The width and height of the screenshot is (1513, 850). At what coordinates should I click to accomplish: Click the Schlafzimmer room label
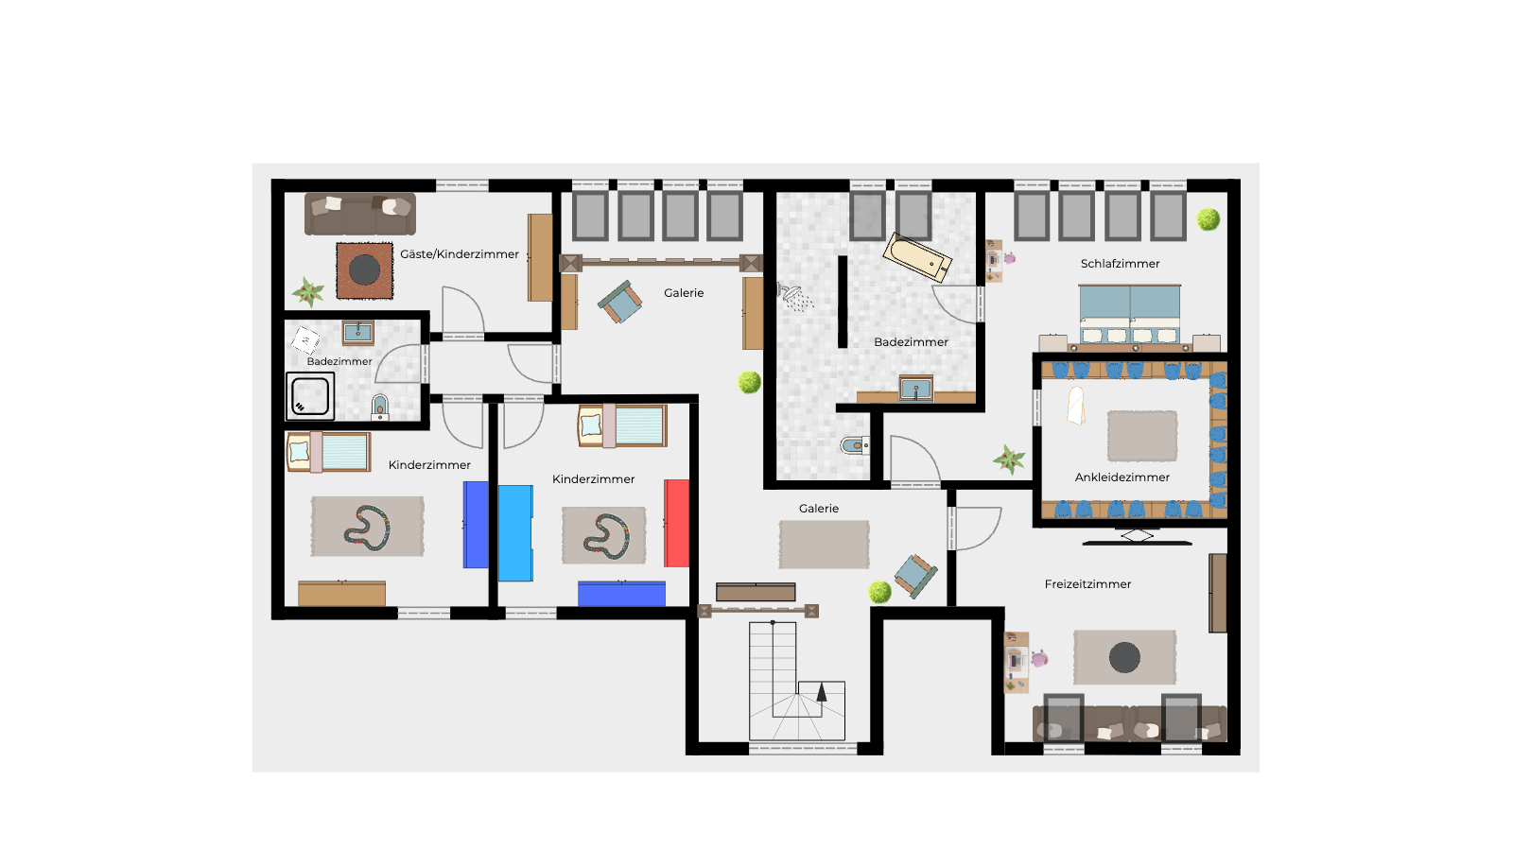coord(1120,264)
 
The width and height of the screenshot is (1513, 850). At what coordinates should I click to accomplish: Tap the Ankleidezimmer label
coord(1122,477)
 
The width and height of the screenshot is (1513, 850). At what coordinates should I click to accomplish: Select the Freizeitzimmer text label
coord(1087,584)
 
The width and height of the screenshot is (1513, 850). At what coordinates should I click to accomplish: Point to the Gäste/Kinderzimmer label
coord(460,254)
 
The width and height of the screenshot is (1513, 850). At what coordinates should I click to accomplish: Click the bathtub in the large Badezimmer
coord(917,256)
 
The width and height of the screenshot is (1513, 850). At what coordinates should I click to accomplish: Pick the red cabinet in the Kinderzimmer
coord(676,523)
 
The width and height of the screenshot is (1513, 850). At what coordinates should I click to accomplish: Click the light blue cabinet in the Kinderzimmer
coord(515,532)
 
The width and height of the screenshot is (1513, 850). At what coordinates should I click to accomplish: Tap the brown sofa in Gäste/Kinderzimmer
coord(360,214)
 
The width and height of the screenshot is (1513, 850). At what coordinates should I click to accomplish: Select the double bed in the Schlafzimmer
coord(1129,318)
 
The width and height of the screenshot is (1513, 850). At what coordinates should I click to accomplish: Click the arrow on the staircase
coord(822,693)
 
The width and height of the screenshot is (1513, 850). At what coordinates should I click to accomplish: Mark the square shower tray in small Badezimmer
coord(310,395)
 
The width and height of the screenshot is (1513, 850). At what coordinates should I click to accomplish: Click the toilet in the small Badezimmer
coord(380,408)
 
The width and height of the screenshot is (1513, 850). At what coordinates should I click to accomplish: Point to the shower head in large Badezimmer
coord(795,298)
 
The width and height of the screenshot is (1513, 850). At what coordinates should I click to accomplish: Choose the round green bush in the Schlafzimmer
coord(1209,219)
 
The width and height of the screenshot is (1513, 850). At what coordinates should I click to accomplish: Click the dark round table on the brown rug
coord(365,270)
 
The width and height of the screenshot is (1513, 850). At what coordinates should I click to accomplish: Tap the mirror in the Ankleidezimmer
coord(1076,406)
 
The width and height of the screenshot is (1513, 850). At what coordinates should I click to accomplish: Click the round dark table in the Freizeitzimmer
coord(1124,657)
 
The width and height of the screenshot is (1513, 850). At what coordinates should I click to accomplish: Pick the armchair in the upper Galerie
coord(620,302)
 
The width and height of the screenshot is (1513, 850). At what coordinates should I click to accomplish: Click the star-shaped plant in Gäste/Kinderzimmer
coord(308,292)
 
